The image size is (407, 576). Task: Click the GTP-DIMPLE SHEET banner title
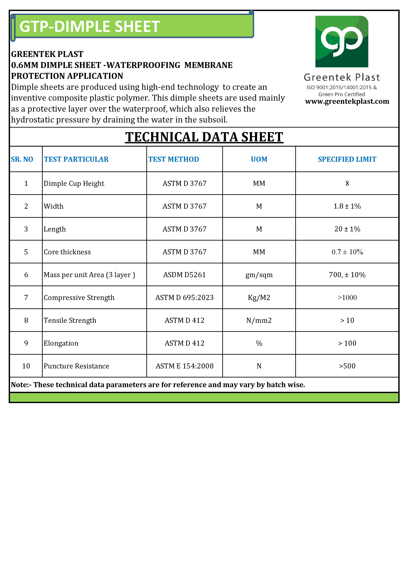[x=89, y=26]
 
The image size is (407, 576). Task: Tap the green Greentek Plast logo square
[x=342, y=42]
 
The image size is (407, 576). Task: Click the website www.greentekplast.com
[x=347, y=101]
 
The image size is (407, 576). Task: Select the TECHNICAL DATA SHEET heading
[x=204, y=137]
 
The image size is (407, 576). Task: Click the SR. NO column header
[x=22, y=159]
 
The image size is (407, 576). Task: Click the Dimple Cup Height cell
[x=74, y=183]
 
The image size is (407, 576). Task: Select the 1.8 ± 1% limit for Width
[x=347, y=206]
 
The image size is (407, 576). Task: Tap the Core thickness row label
[x=67, y=252]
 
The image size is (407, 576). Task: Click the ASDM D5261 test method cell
[x=184, y=275]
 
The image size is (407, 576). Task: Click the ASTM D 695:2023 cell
[x=184, y=298]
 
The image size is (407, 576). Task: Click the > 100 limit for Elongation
[x=347, y=343]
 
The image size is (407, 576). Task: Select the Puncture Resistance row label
[x=76, y=366]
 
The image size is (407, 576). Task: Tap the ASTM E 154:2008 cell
[x=184, y=366]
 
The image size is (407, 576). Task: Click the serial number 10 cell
[x=26, y=366]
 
